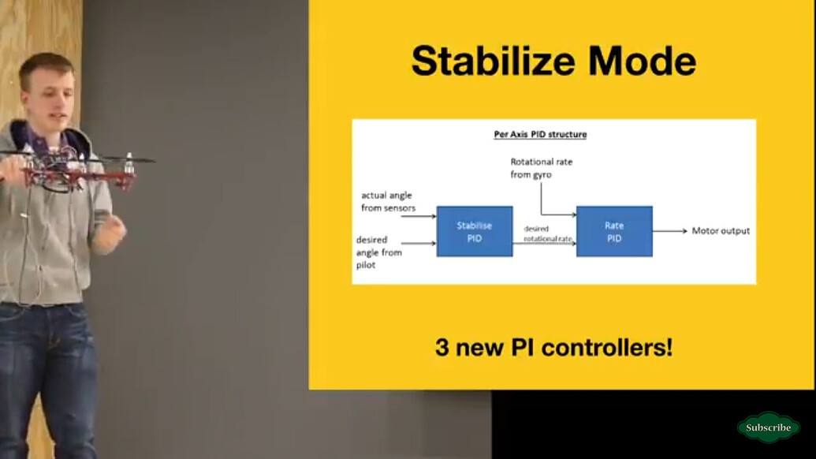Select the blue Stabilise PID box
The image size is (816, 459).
pos(475,231)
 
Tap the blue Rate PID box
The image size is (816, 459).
pos(614,231)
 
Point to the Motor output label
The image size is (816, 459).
pos(721,231)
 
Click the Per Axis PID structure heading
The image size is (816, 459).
pos(540,134)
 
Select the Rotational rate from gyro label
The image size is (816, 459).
pos(541,168)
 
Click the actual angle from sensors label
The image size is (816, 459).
pos(387,202)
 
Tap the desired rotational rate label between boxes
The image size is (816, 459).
pos(544,233)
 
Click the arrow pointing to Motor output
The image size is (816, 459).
pos(669,231)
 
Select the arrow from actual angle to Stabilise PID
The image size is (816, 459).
pos(419,215)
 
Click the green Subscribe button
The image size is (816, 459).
pos(768,427)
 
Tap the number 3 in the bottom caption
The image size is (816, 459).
pos(442,347)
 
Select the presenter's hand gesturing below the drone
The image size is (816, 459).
pos(111,233)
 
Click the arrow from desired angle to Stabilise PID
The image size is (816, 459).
pos(419,243)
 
